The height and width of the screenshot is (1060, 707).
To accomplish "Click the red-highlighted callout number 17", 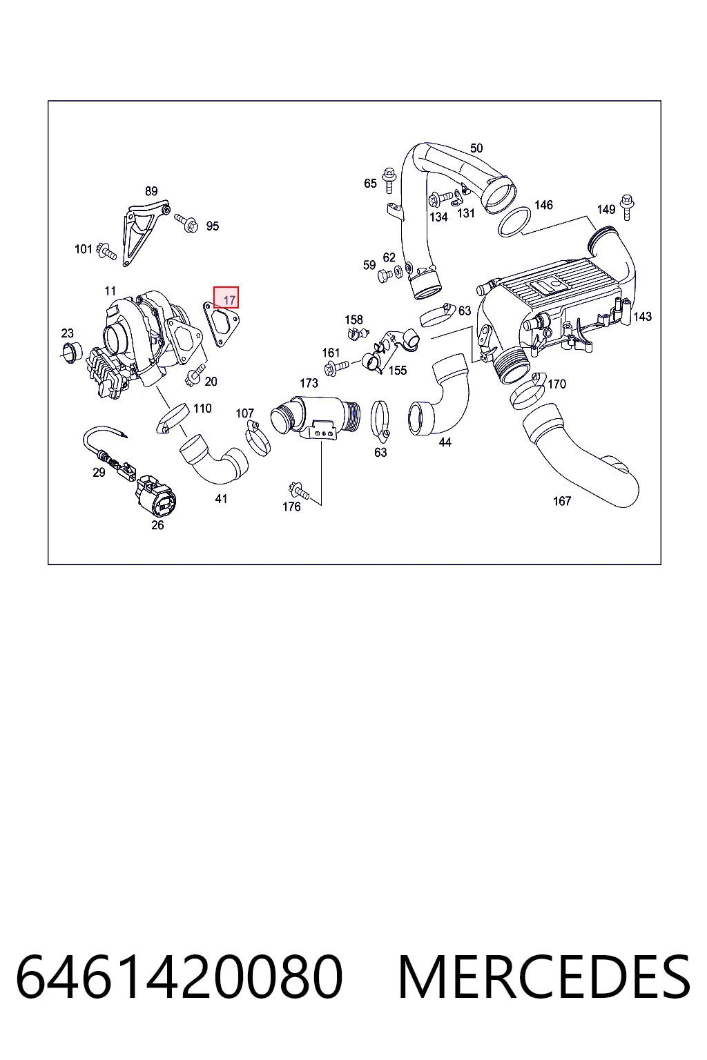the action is (x=229, y=300).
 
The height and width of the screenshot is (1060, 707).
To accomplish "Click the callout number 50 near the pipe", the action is (x=476, y=148).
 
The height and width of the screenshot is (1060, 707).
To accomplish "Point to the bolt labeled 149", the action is (x=627, y=207).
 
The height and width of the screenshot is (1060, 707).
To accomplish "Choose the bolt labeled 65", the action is (x=389, y=180).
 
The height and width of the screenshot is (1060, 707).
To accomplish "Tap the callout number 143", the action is (x=643, y=316).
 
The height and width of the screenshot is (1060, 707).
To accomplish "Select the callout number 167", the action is (x=562, y=500).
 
